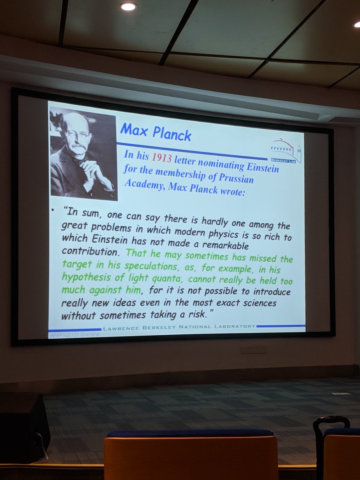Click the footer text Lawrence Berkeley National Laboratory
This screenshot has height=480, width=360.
coord(179,327)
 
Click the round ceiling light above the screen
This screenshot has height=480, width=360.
coord(128,6)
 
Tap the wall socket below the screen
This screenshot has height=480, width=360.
coord(254,350)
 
